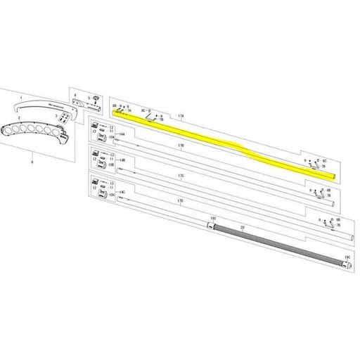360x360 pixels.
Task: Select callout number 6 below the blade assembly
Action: [32, 161]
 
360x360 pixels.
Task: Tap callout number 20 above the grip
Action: [243, 227]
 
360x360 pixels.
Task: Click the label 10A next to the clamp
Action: [111, 139]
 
